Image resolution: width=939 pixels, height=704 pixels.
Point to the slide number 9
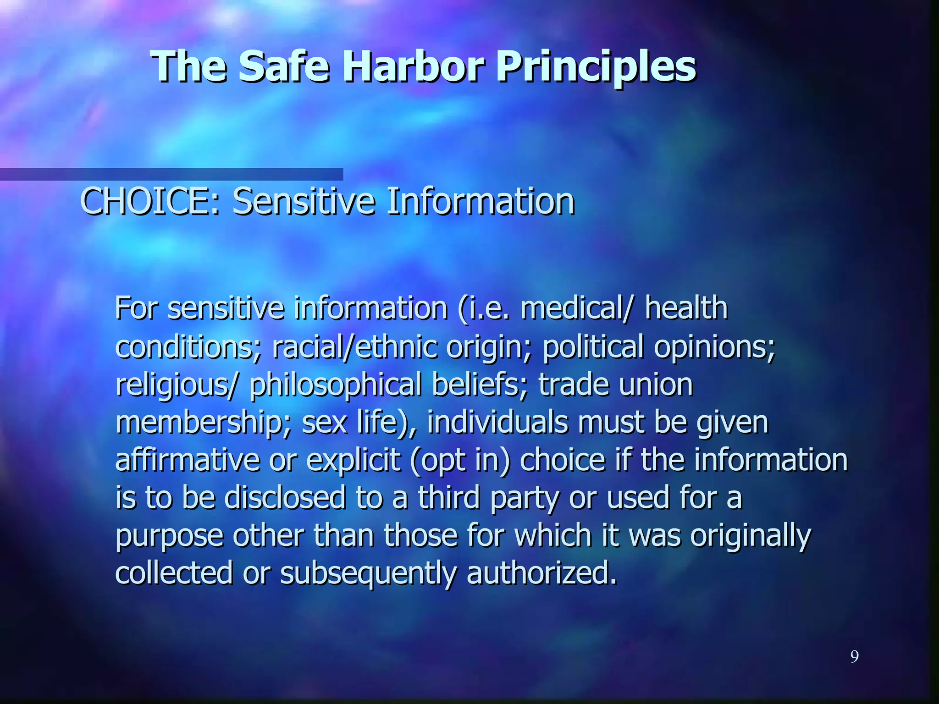[854, 657]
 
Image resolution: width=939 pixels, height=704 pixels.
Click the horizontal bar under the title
[171, 174]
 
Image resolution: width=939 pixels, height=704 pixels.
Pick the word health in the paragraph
[686, 308]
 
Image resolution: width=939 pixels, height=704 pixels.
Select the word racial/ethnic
[354, 346]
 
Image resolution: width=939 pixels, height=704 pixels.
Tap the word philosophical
[335, 385]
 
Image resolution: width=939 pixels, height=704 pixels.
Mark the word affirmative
[187, 460]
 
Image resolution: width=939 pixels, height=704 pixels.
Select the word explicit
[353, 460]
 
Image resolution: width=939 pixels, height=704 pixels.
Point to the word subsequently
[368, 574]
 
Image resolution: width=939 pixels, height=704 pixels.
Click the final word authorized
[541, 574]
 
